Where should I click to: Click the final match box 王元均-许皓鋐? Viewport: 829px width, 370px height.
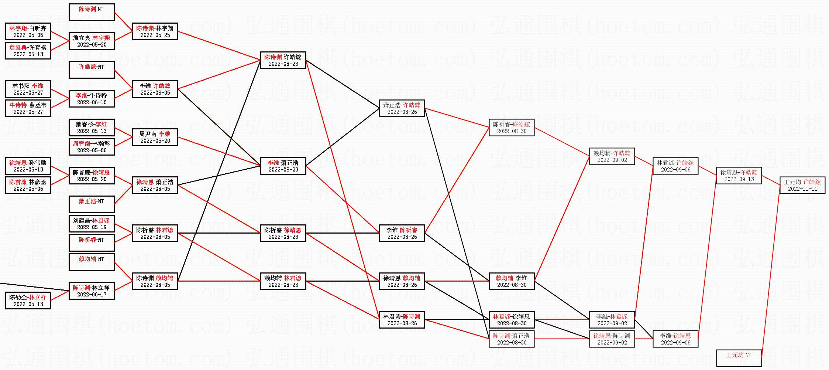tap(802, 185)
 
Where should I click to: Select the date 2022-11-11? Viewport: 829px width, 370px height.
tap(802, 189)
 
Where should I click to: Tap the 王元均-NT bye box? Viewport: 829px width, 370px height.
tap(739, 358)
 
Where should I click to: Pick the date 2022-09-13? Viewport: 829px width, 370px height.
tap(739, 179)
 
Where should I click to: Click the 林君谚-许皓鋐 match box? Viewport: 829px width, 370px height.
tap(675, 166)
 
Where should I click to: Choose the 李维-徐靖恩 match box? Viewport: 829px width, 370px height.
tap(675, 339)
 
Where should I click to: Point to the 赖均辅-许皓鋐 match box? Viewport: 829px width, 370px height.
tap(612, 156)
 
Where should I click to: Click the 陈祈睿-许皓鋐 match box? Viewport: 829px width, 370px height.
tap(512, 128)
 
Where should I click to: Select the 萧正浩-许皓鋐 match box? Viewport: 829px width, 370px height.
tap(402, 108)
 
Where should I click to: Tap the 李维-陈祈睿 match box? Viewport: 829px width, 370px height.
tap(402, 233)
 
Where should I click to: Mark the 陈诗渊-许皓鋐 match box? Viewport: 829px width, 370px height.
tap(283, 60)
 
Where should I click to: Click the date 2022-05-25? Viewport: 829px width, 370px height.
tap(155, 35)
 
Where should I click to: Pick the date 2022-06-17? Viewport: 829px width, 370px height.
tap(92, 295)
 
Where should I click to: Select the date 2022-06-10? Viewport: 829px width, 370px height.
tap(92, 102)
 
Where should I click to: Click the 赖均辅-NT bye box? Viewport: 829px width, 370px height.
tap(92, 262)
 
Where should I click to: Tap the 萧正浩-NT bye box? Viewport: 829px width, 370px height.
tap(92, 204)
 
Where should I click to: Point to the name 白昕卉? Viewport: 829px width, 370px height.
tap(38, 28)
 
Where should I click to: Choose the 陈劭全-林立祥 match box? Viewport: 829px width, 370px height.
tap(28, 301)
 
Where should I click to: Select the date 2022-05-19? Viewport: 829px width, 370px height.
tap(92, 227)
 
